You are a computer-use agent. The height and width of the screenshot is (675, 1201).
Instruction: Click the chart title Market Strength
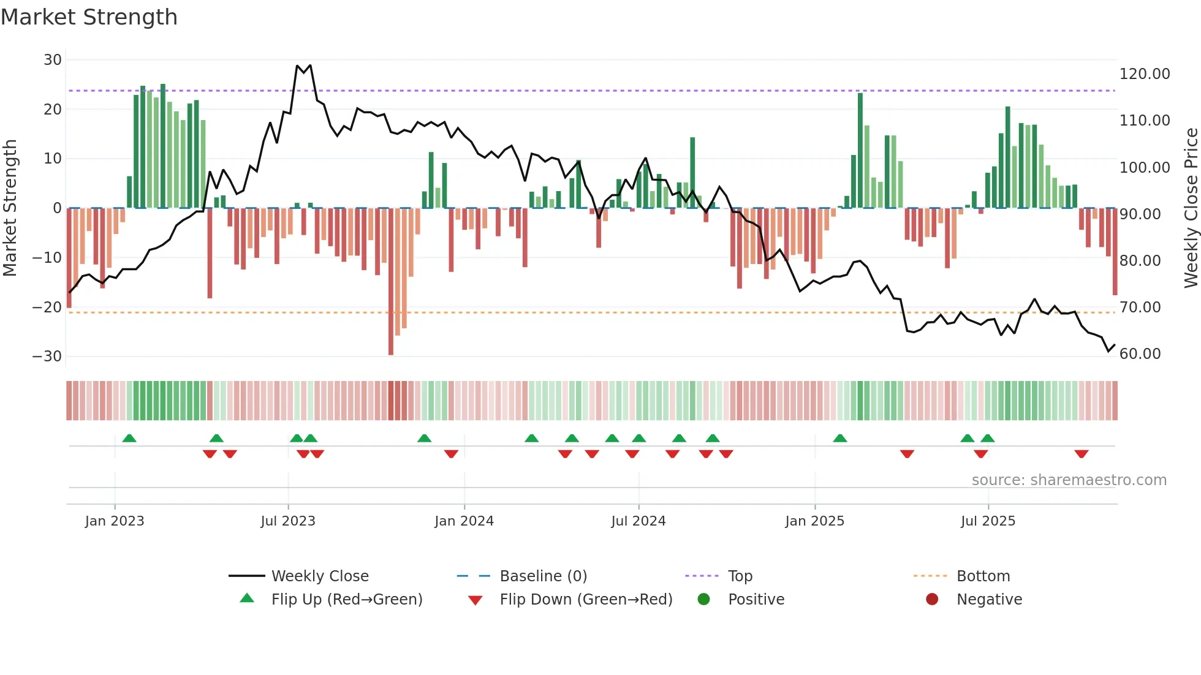click(x=89, y=17)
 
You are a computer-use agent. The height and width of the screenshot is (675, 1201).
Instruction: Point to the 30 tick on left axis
click(x=53, y=60)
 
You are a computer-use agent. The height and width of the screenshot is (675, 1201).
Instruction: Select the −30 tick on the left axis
click(x=47, y=356)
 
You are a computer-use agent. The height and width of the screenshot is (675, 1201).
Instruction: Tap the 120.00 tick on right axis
click(x=1144, y=74)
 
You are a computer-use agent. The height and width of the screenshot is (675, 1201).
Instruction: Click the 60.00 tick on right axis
click(x=1140, y=354)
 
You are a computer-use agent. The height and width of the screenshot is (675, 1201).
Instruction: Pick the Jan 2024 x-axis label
click(x=464, y=521)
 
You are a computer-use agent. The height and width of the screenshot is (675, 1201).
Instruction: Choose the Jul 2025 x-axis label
click(x=988, y=521)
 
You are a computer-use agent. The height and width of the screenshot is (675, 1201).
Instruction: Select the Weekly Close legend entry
click(x=320, y=576)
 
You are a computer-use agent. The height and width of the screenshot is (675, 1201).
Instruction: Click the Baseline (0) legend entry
click(x=543, y=576)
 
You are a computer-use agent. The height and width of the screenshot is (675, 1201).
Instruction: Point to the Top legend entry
click(x=740, y=576)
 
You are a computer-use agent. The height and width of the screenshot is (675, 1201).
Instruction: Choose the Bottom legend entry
click(x=983, y=576)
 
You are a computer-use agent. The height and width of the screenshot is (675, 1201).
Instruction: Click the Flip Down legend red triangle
click(x=475, y=600)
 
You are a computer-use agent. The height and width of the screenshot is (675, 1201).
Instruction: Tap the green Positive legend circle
click(x=703, y=600)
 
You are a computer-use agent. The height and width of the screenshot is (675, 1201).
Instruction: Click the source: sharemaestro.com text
click(x=1069, y=480)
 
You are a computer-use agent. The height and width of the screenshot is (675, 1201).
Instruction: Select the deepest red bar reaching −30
click(x=391, y=282)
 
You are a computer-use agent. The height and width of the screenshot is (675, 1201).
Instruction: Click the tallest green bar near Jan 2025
click(x=860, y=150)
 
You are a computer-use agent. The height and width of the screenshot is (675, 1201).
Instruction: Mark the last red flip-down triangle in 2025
click(x=1081, y=454)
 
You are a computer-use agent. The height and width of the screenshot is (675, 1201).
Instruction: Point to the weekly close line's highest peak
click(x=297, y=66)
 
